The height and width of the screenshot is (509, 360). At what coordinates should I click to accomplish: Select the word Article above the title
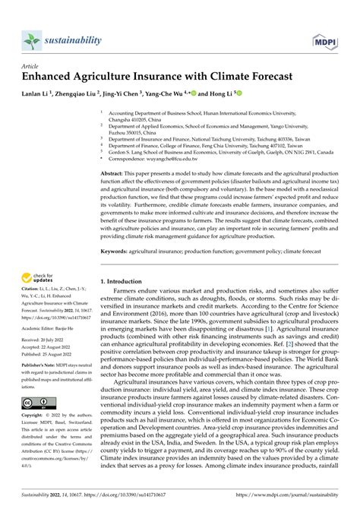click(29, 66)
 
